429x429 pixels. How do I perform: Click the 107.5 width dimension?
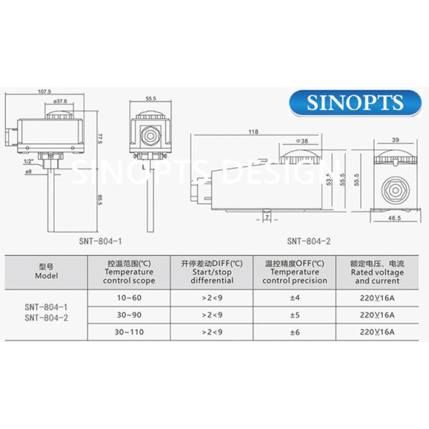(44, 92)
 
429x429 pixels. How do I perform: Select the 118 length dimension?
(253, 132)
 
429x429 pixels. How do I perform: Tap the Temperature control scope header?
(129, 272)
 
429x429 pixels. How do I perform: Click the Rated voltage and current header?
(378, 272)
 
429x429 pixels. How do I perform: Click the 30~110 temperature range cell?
(129, 332)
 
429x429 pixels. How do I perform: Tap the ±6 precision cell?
(295, 332)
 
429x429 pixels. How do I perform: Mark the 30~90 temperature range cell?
(129, 314)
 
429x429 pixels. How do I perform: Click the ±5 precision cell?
(295, 314)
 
